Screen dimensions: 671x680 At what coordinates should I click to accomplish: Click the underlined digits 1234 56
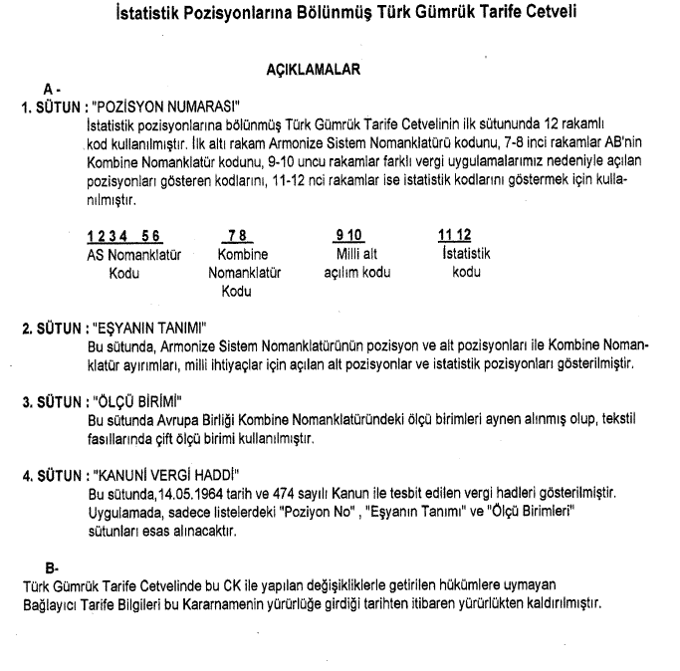[123, 235]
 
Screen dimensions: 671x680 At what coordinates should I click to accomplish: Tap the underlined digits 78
[236, 235]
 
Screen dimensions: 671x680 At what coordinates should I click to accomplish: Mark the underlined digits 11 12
[453, 235]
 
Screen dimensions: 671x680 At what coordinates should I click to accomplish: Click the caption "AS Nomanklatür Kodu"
[122, 262]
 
